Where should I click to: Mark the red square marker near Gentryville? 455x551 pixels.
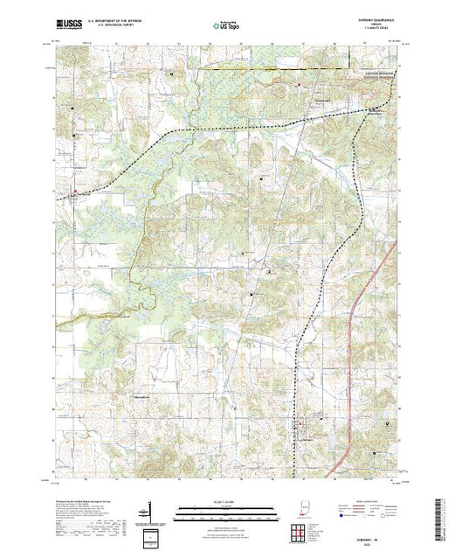point(299,85)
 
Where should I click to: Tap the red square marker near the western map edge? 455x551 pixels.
point(75,192)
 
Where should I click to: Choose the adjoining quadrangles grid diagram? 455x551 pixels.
point(300,530)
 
